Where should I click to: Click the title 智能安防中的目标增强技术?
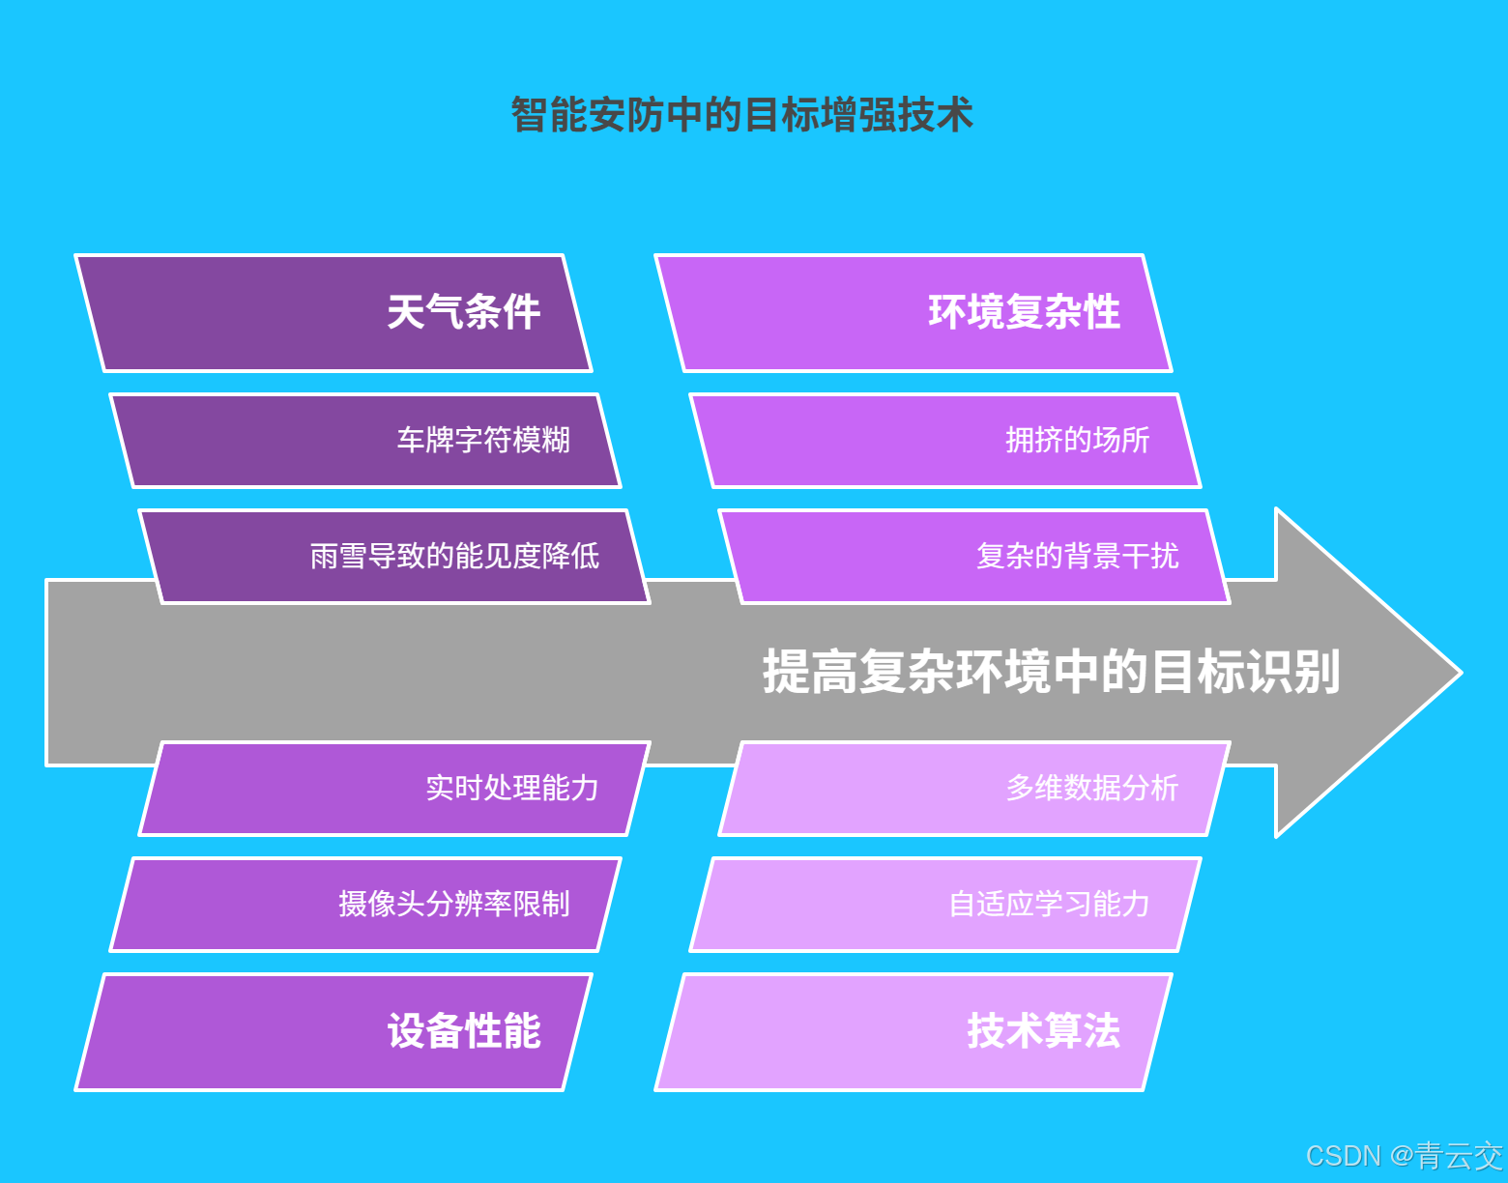(x=741, y=115)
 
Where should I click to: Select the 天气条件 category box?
(x=333, y=313)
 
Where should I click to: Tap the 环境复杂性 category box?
(x=913, y=313)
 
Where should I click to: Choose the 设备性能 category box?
(x=333, y=1032)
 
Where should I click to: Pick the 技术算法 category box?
(x=913, y=1032)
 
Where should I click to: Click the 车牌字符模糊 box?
(x=365, y=441)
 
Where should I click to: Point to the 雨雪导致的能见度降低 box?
(x=394, y=557)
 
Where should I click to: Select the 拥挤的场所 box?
(x=945, y=441)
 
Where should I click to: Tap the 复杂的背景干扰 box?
(x=974, y=557)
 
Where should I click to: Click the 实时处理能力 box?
(x=394, y=789)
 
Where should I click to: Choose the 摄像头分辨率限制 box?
(x=365, y=905)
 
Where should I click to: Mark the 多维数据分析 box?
(x=974, y=789)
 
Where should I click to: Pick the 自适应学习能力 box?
(x=945, y=905)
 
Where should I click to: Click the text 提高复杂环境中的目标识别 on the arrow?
(x=1051, y=672)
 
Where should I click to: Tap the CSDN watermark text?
(x=1343, y=1156)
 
